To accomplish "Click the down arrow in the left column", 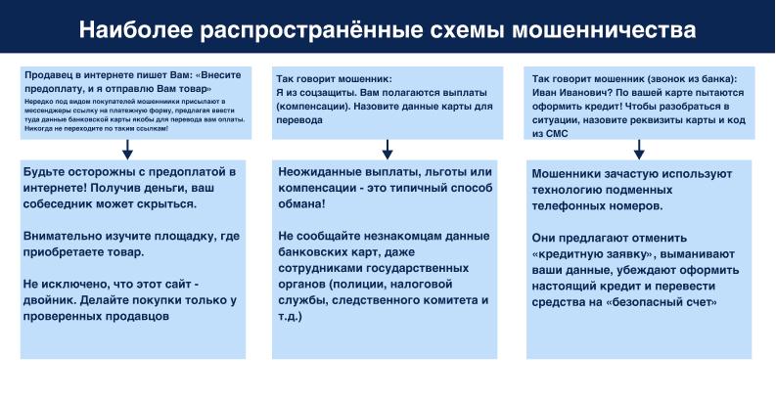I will click(127, 150).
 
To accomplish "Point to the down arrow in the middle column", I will click(388, 150).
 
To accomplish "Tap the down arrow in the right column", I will click(640, 150).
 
